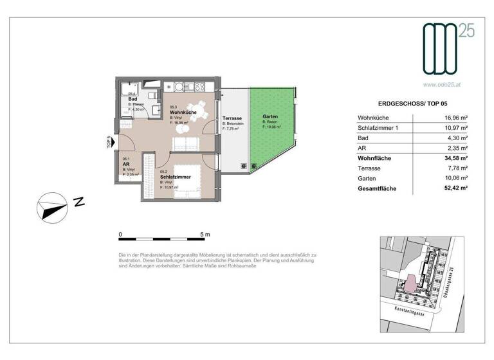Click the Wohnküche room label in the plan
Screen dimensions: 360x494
(x=182, y=113)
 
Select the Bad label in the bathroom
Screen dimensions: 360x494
(x=133, y=100)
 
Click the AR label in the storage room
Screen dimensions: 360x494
(x=126, y=163)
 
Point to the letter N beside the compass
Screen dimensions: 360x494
(x=79, y=203)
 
